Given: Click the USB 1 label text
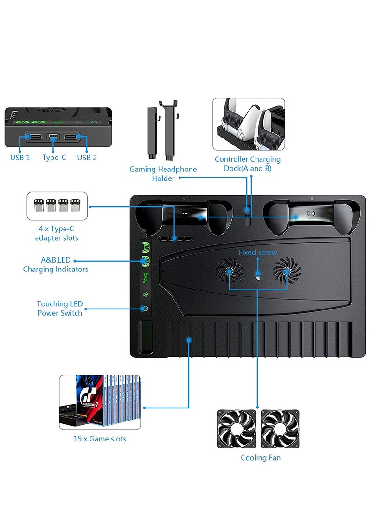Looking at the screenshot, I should [x=20, y=158].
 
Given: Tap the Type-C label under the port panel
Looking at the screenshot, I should [x=54, y=158].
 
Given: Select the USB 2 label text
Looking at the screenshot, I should [x=87, y=158].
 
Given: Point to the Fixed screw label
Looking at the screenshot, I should [x=258, y=252].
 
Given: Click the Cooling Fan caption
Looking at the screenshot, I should [x=261, y=458].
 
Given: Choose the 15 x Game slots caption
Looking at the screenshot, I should [x=100, y=439].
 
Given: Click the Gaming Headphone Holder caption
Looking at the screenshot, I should [x=163, y=174].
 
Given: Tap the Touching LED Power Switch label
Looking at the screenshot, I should [x=60, y=309].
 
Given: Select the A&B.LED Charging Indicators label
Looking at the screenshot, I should [x=56, y=265].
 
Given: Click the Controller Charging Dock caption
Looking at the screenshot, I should [x=248, y=164].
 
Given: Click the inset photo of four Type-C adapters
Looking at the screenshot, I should [x=57, y=205].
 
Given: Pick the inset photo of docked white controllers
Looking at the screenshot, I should [x=249, y=124].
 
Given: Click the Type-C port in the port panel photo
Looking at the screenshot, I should [x=54, y=137].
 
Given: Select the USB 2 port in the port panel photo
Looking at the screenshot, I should [x=71, y=137].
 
